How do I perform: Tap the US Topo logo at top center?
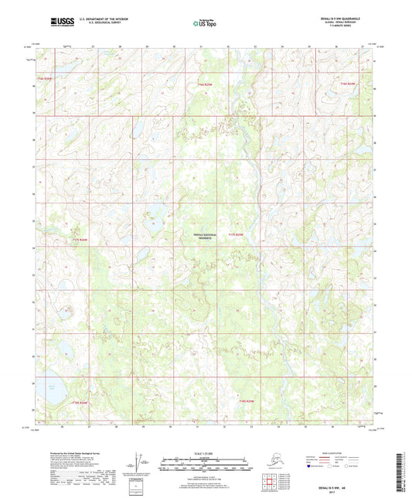(x=205, y=24)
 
